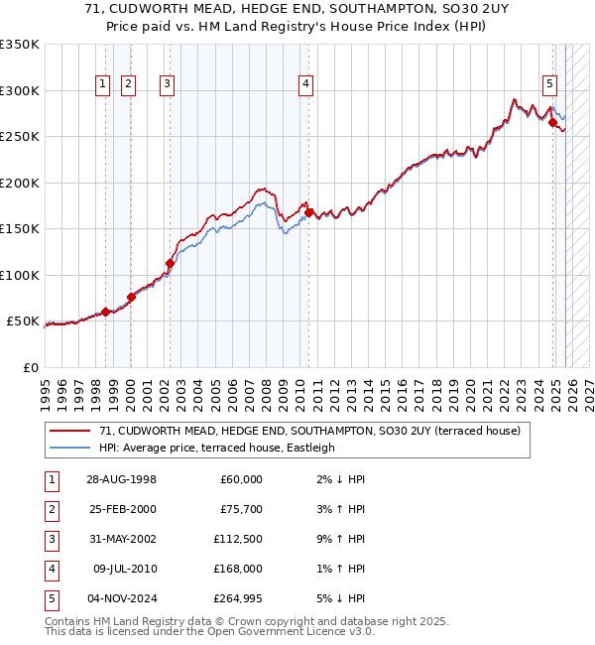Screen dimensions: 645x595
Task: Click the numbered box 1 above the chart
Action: (104, 85)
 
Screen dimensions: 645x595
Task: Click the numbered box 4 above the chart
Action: (307, 85)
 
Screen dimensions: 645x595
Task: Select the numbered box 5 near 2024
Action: (549, 85)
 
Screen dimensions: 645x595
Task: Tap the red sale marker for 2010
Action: (309, 212)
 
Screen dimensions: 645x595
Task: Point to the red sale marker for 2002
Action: (170, 264)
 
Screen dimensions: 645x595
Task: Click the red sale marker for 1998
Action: (106, 312)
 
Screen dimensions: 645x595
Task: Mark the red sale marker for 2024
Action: (553, 123)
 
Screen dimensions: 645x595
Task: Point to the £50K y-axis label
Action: (23, 322)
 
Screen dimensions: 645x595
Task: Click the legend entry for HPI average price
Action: (217, 448)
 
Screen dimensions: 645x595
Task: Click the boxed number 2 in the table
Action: (50, 509)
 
